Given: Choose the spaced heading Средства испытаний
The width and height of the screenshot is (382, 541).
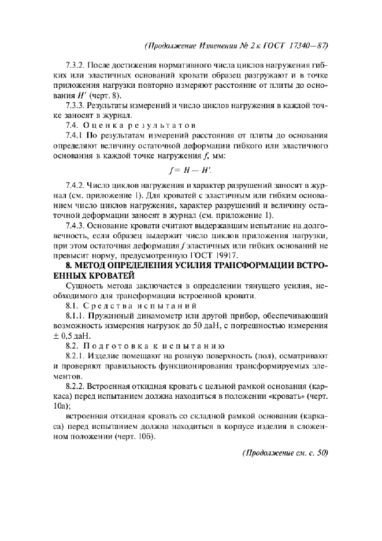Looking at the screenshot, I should point(142,305).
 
